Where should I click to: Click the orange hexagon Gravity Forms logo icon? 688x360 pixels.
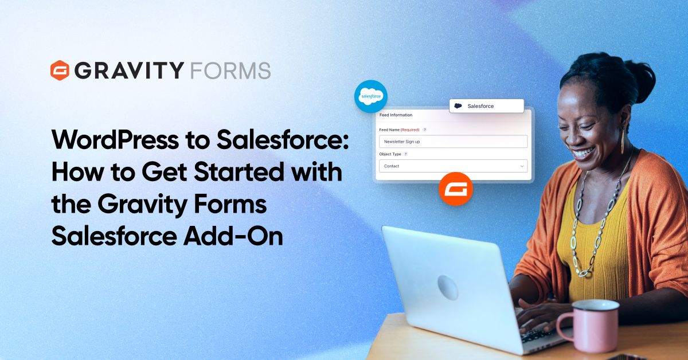coord(60,71)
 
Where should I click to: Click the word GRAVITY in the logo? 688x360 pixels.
coord(130,71)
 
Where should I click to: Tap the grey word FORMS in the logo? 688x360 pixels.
coord(230,71)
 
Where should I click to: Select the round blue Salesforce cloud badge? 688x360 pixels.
coord(371,96)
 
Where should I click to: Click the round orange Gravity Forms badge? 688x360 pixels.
coord(456,189)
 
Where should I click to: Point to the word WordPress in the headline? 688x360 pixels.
coord(115,140)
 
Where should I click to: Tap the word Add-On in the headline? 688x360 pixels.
coord(233,236)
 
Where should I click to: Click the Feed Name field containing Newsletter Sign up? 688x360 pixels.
coord(454,142)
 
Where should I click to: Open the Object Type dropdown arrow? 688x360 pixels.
coord(522,166)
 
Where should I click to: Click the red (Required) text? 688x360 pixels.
coord(410,130)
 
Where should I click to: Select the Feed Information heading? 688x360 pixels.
coord(396,115)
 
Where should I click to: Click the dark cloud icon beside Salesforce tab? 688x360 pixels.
coord(458,106)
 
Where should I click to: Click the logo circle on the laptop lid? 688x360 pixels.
coord(448,287)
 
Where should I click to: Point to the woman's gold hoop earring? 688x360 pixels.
coord(623,141)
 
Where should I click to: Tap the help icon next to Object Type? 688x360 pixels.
coord(406,154)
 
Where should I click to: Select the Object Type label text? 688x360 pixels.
coord(390,154)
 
